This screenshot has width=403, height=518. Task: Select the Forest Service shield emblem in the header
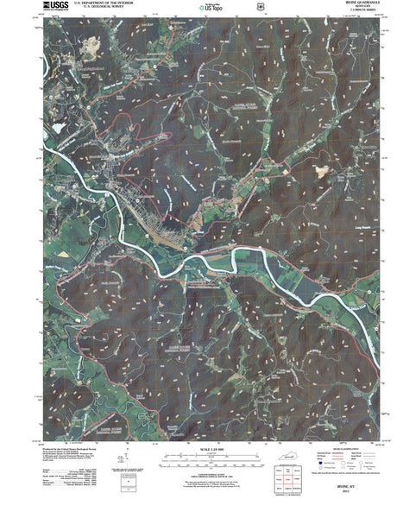pyautogui.click(x=224, y=7)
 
